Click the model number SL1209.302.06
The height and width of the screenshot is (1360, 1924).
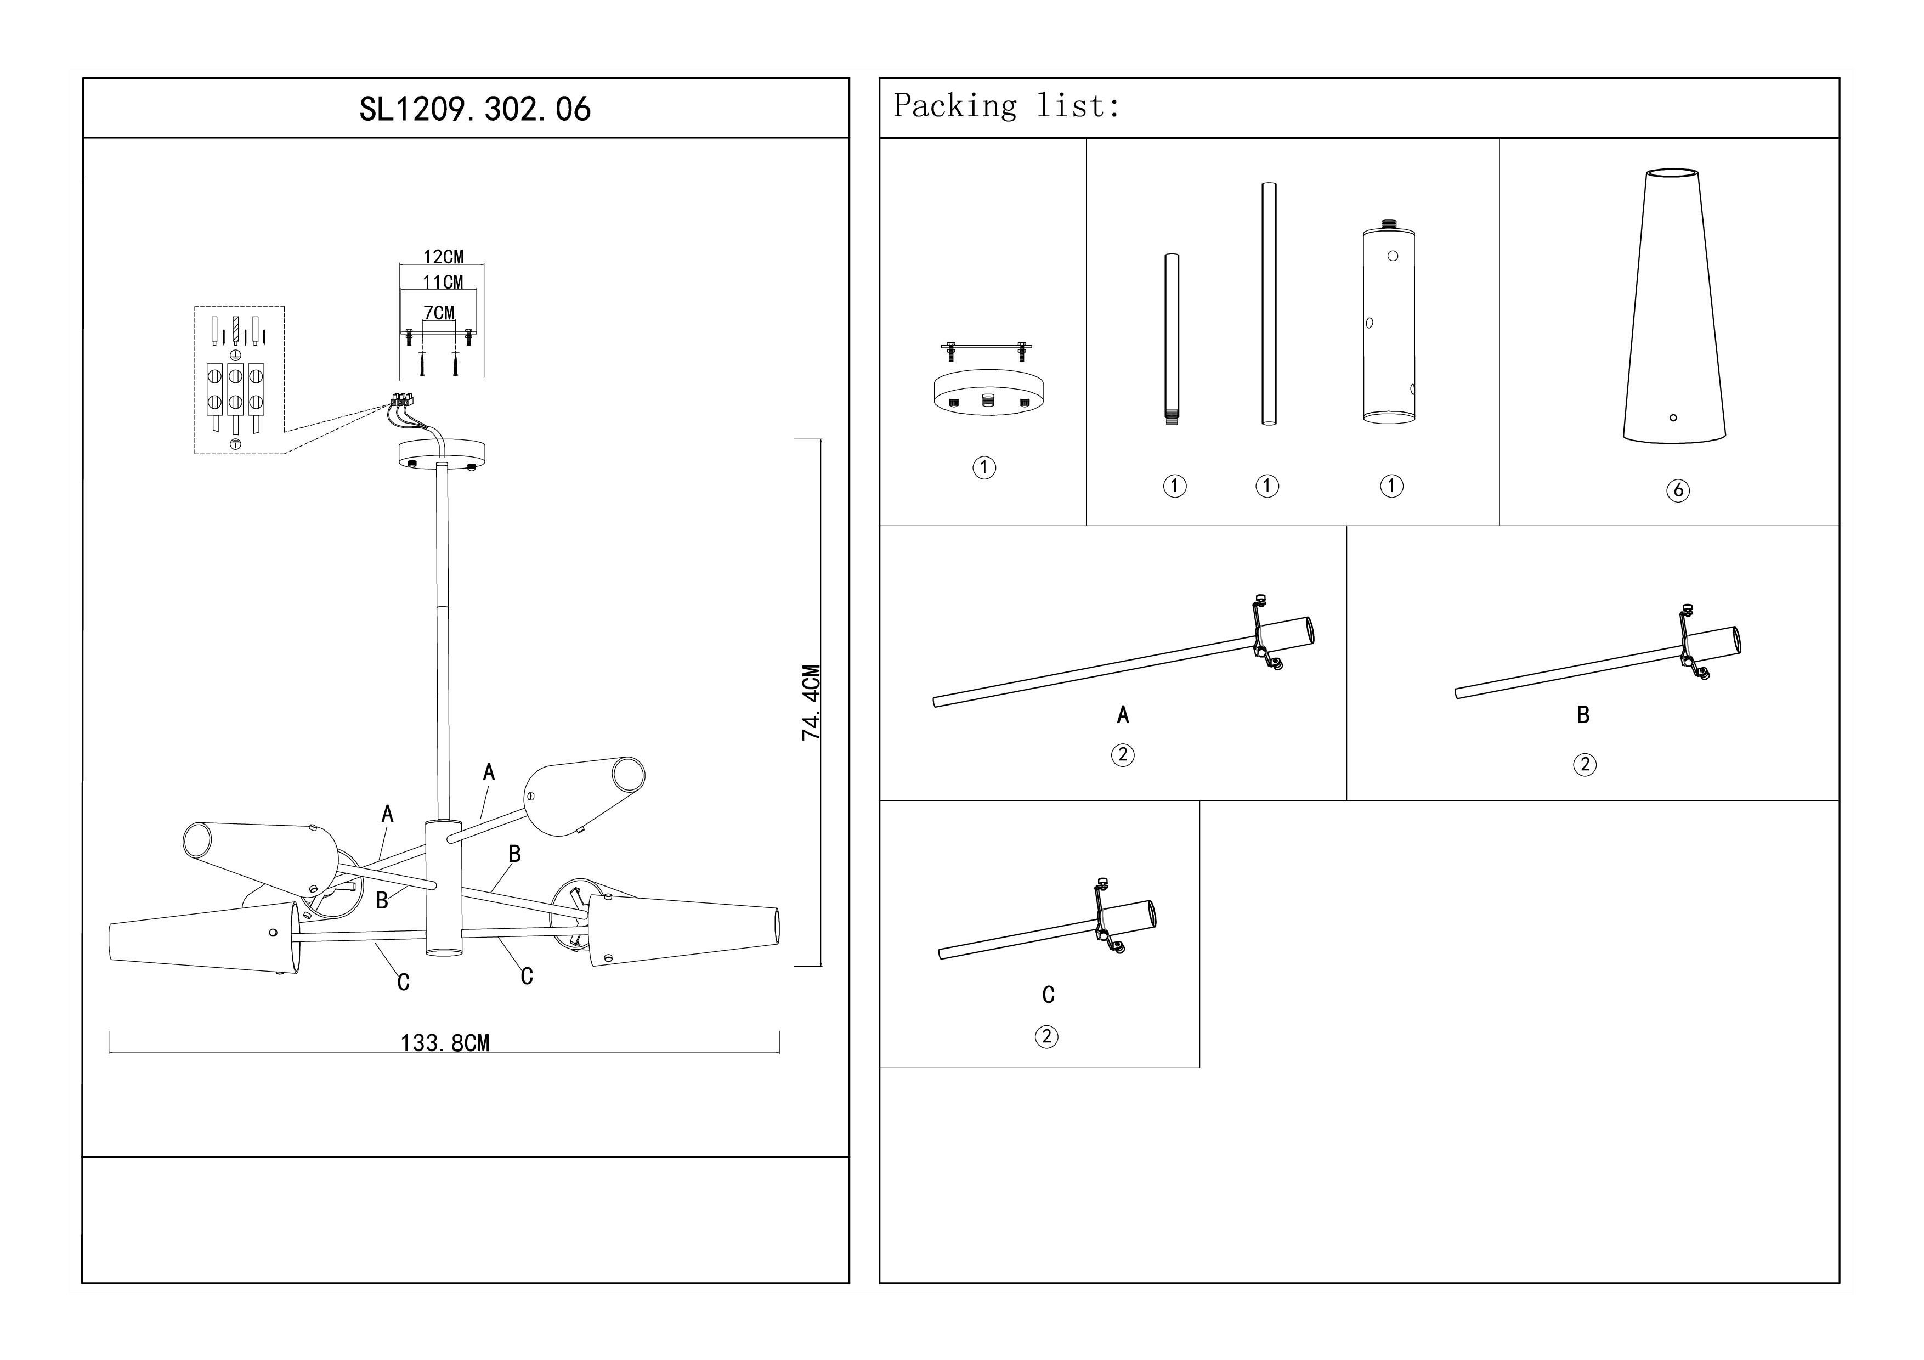click(474, 109)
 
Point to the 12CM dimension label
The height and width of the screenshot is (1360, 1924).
click(443, 256)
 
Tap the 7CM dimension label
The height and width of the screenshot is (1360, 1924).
click(439, 313)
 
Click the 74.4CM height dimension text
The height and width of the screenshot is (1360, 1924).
click(811, 702)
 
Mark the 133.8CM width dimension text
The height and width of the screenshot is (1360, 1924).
click(445, 1043)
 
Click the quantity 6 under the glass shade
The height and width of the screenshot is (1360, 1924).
click(1678, 490)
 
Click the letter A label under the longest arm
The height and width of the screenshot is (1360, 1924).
click(1123, 715)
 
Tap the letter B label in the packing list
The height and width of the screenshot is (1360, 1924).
click(1583, 715)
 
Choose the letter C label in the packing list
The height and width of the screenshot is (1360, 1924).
click(1048, 995)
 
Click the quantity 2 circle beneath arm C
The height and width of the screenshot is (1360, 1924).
click(1046, 1036)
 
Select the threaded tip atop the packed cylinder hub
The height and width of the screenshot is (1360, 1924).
click(1389, 224)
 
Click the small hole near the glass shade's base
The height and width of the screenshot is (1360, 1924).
click(1673, 417)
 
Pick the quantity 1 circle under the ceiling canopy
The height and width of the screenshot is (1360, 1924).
click(984, 467)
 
